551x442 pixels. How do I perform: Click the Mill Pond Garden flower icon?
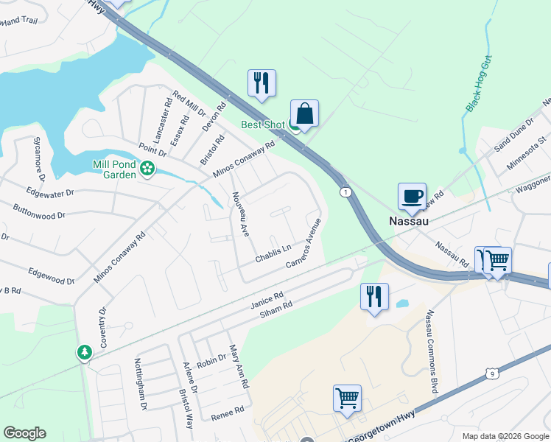pos(147,168)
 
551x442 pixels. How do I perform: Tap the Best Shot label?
pos(262,124)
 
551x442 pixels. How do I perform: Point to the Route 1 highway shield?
pos(345,192)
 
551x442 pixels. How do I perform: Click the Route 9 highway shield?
pos(493,374)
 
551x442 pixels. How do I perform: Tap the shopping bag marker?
pos(304,115)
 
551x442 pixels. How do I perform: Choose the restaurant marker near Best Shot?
pos(262,84)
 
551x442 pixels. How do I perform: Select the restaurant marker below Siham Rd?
pos(374,297)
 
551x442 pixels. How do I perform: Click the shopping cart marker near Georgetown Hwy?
pos(347,399)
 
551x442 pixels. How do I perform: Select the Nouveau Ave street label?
pos(241,214)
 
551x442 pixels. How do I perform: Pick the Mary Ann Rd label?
pos(238,366)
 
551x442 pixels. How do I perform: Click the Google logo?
pos(24,433)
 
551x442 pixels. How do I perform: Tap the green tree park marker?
pos(85,352)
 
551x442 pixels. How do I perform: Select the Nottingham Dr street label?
pos(139,384)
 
